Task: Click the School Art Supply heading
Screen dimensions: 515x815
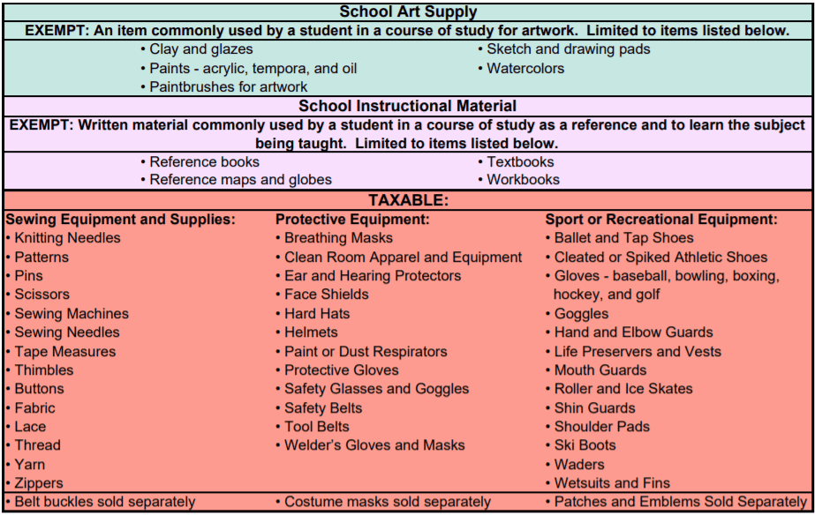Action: pos(408,11)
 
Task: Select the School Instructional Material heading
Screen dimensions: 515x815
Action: pos(408,106)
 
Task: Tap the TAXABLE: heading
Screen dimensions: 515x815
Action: pos(408,200)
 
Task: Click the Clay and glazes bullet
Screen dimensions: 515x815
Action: pos(200,49)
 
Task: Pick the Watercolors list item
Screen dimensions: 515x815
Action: pos(525,68)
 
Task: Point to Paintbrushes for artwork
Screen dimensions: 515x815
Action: pos(228,86)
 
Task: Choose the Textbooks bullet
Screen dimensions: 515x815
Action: pos(520,161)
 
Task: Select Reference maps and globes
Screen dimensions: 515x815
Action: pos(240,180)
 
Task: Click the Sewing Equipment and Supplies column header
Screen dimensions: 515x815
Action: pos(120,219)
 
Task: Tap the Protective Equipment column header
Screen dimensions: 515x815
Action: pos(352,219)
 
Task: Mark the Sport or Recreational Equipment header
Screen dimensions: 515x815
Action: pos(661,219)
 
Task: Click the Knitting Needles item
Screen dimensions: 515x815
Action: pos(67,238)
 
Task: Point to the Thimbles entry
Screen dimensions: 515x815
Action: pos(44,370)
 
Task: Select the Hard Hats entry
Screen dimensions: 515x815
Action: pos(317,313)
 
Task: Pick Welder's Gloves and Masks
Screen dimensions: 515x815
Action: pos(374,445)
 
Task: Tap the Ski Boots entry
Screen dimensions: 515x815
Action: pos(585,445)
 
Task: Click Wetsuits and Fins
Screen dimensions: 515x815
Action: pos(612,483)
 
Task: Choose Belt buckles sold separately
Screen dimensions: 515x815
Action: pos(104,502)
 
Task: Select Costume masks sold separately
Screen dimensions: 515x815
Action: pos(387,502)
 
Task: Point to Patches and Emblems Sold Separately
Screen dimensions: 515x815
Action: pos(680,502)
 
